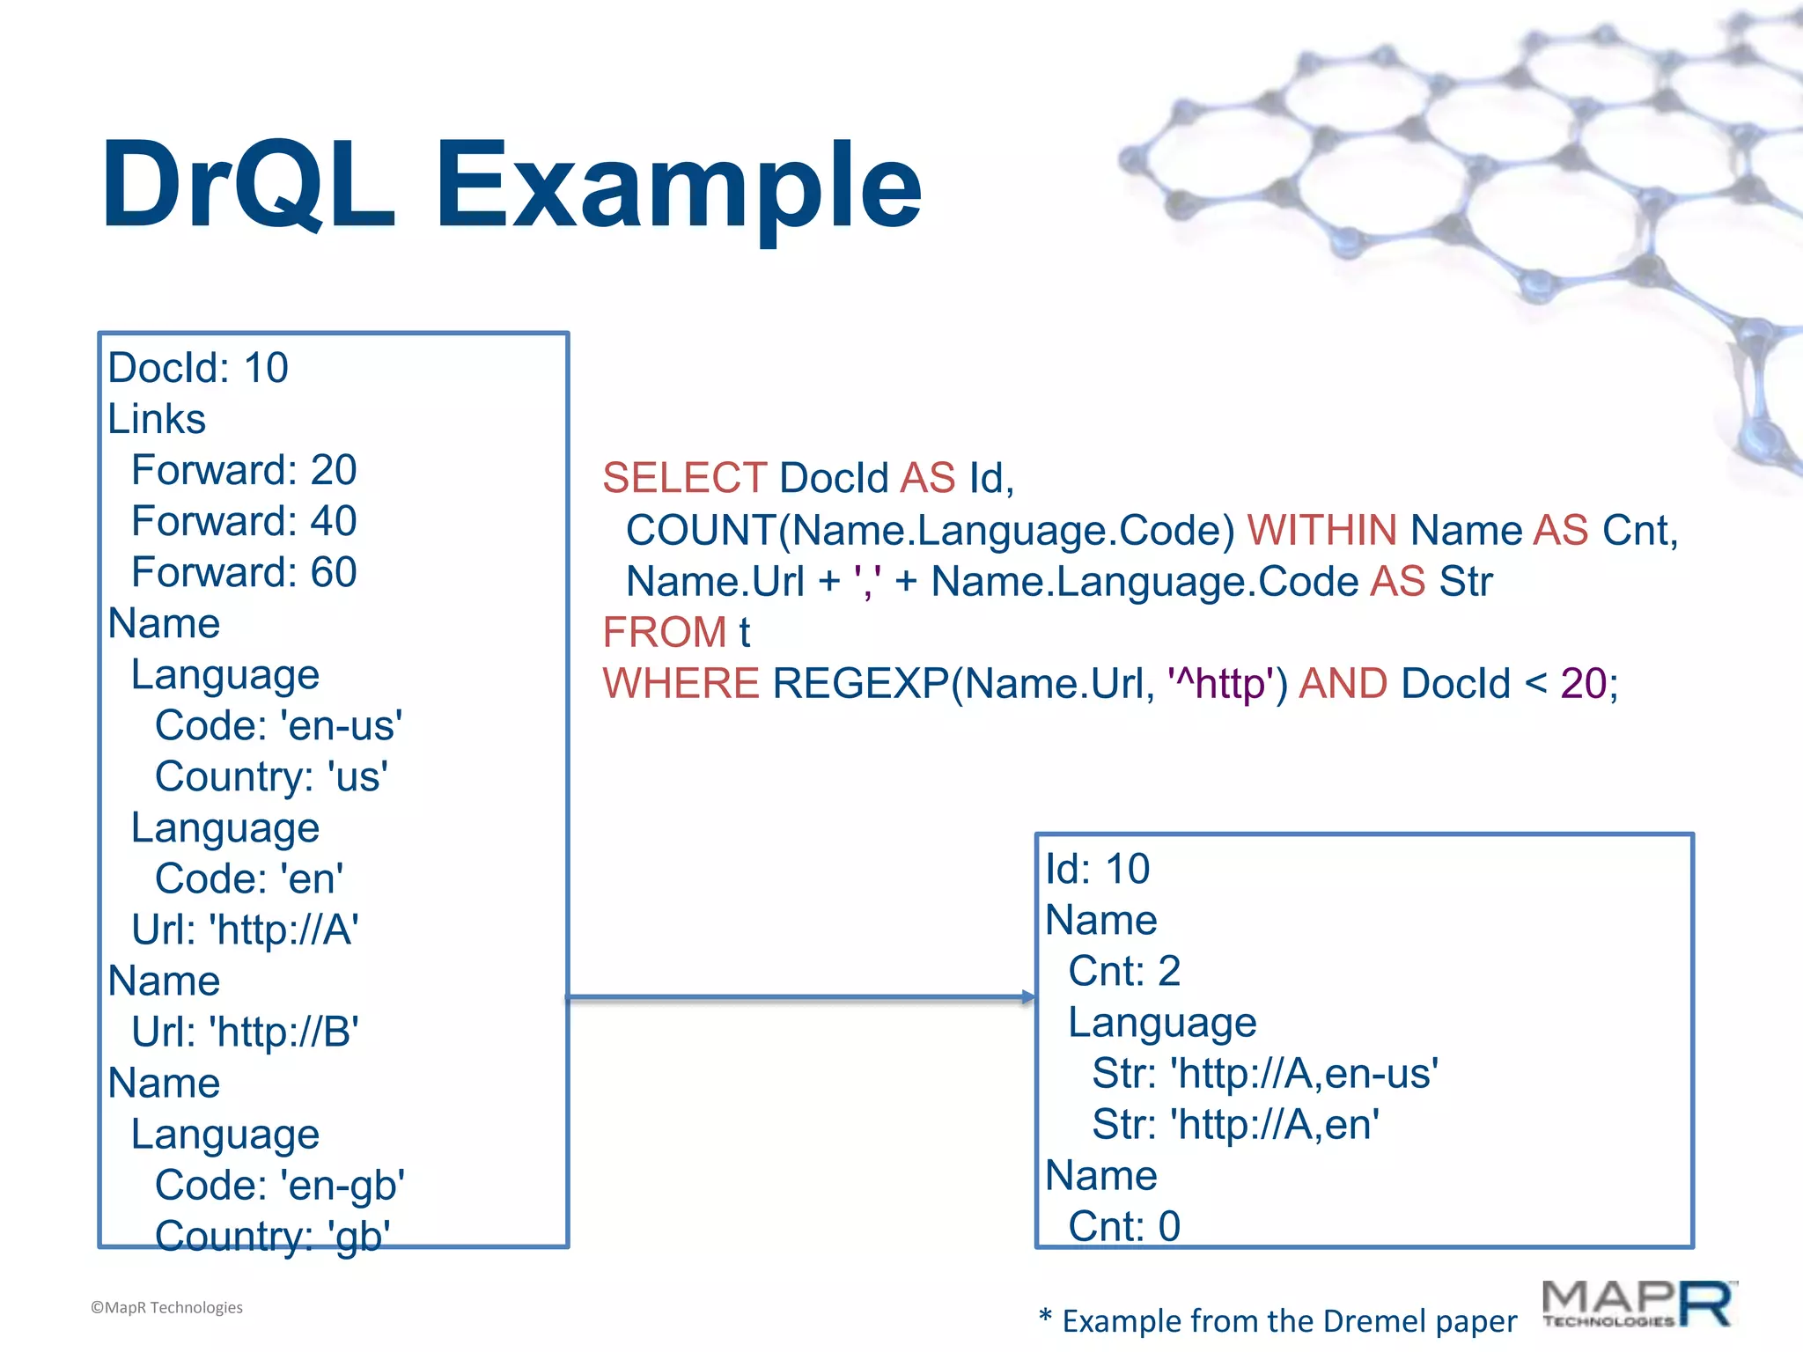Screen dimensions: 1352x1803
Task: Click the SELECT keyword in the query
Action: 684,478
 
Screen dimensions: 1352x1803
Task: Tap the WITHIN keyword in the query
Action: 1321,530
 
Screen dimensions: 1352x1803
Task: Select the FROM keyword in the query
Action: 664,632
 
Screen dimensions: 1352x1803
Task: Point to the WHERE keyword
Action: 681,684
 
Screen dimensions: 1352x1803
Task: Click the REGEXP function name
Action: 860,684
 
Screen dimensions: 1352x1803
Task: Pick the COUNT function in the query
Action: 700,530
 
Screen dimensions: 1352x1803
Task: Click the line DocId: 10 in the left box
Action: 198,368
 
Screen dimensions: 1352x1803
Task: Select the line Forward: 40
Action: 244,521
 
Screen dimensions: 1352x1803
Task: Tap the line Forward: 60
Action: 244,572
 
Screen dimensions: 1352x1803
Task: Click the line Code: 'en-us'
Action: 278,726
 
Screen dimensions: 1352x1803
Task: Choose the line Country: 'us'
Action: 271,777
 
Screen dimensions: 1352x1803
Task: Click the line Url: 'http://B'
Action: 245,1032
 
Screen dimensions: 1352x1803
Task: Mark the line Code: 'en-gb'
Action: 280,1186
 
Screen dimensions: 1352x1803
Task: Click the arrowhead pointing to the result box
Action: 1028,997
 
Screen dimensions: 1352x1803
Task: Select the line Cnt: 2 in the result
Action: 1124,972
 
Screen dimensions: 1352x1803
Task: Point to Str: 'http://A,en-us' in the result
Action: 1265,1074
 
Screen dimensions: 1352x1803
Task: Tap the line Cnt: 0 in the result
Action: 1124,1226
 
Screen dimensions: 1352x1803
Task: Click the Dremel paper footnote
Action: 1278,1321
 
